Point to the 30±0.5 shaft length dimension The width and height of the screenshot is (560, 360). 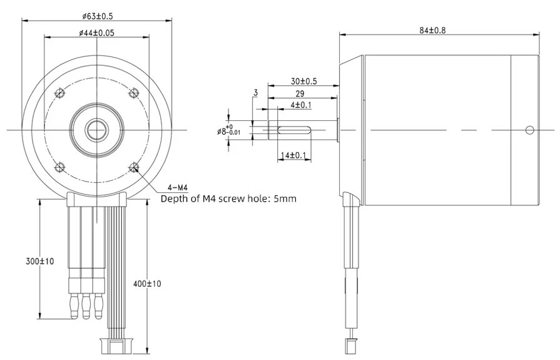point(303,81)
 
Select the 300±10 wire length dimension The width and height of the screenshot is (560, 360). point(24,260)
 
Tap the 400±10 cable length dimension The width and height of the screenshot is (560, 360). point(148,284)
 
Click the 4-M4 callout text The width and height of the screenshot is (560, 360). point(178,188)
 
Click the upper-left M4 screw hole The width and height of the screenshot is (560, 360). point(60,93)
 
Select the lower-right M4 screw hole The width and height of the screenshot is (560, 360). point(133,167)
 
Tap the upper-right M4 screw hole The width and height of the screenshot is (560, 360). point(133,93)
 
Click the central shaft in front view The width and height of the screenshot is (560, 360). point(96,130)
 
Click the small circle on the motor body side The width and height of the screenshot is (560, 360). point(529,130)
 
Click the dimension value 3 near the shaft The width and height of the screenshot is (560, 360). point(255,93)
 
